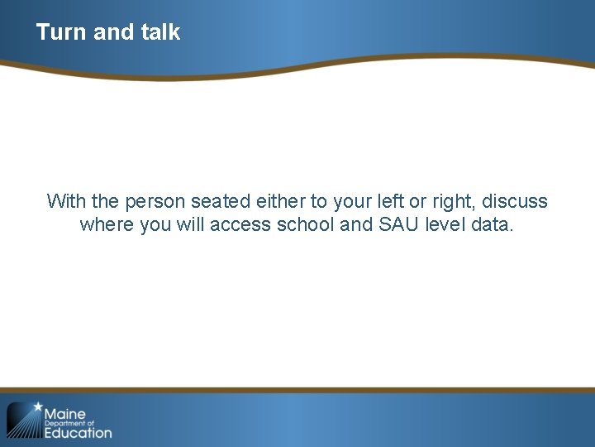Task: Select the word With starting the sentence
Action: coord(65,201)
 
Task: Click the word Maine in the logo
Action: coord(65,413)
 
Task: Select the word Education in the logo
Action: coord(78,432)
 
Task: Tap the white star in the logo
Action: coord(37,406)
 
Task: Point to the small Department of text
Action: coord(69,423)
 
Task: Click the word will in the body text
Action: coord(190,225)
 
